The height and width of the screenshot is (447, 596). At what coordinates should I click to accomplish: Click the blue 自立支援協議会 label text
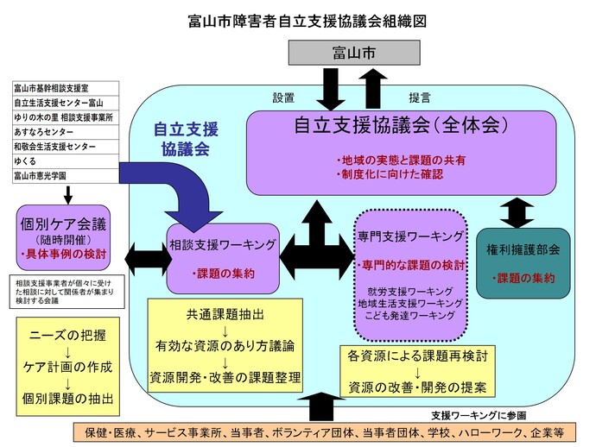click(x=186, y=139)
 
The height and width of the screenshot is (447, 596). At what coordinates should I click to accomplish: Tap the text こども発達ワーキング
click(x=409, y=317)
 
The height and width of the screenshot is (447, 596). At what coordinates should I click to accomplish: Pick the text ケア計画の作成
click(x=67, y=366)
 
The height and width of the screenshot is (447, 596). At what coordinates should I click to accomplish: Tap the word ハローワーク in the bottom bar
click(x=488, y=431)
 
